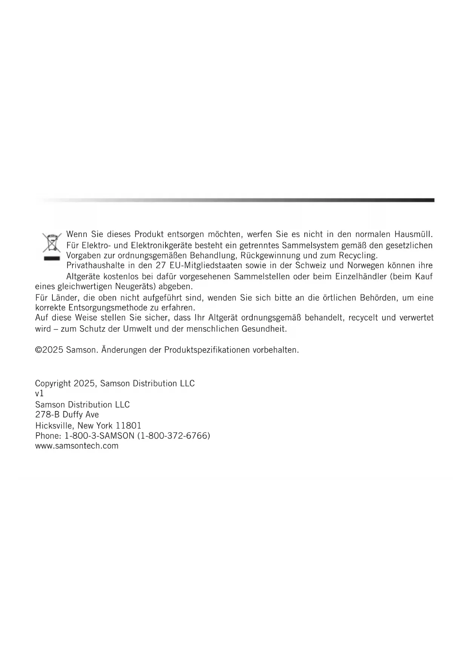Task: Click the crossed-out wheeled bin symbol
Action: [52, 243]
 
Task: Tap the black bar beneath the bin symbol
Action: [52, 259]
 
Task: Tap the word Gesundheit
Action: [264, 329]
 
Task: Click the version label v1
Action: [39, 393]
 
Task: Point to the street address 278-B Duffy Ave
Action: [67, 414]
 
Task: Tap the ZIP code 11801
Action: [129, 425]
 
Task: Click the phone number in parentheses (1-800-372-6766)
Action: [173, 436]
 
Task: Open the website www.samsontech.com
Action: [77, 446]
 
